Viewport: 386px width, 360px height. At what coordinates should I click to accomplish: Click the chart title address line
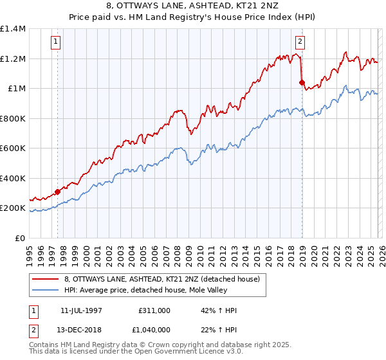tap(193, 6)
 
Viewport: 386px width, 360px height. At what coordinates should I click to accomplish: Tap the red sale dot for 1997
tap(58, 192)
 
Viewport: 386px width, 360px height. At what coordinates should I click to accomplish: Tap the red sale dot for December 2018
tap(302, 82)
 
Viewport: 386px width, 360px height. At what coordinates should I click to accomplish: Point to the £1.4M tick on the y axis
tap(13, 29)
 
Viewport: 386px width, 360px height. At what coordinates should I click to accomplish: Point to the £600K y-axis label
tap(13, 148)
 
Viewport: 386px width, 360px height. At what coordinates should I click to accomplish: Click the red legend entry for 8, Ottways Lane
tap(161, 279)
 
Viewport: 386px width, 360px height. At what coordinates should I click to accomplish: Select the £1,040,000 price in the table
tap(154, 330)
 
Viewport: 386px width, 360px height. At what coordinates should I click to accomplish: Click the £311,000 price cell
tap(154, 310)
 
